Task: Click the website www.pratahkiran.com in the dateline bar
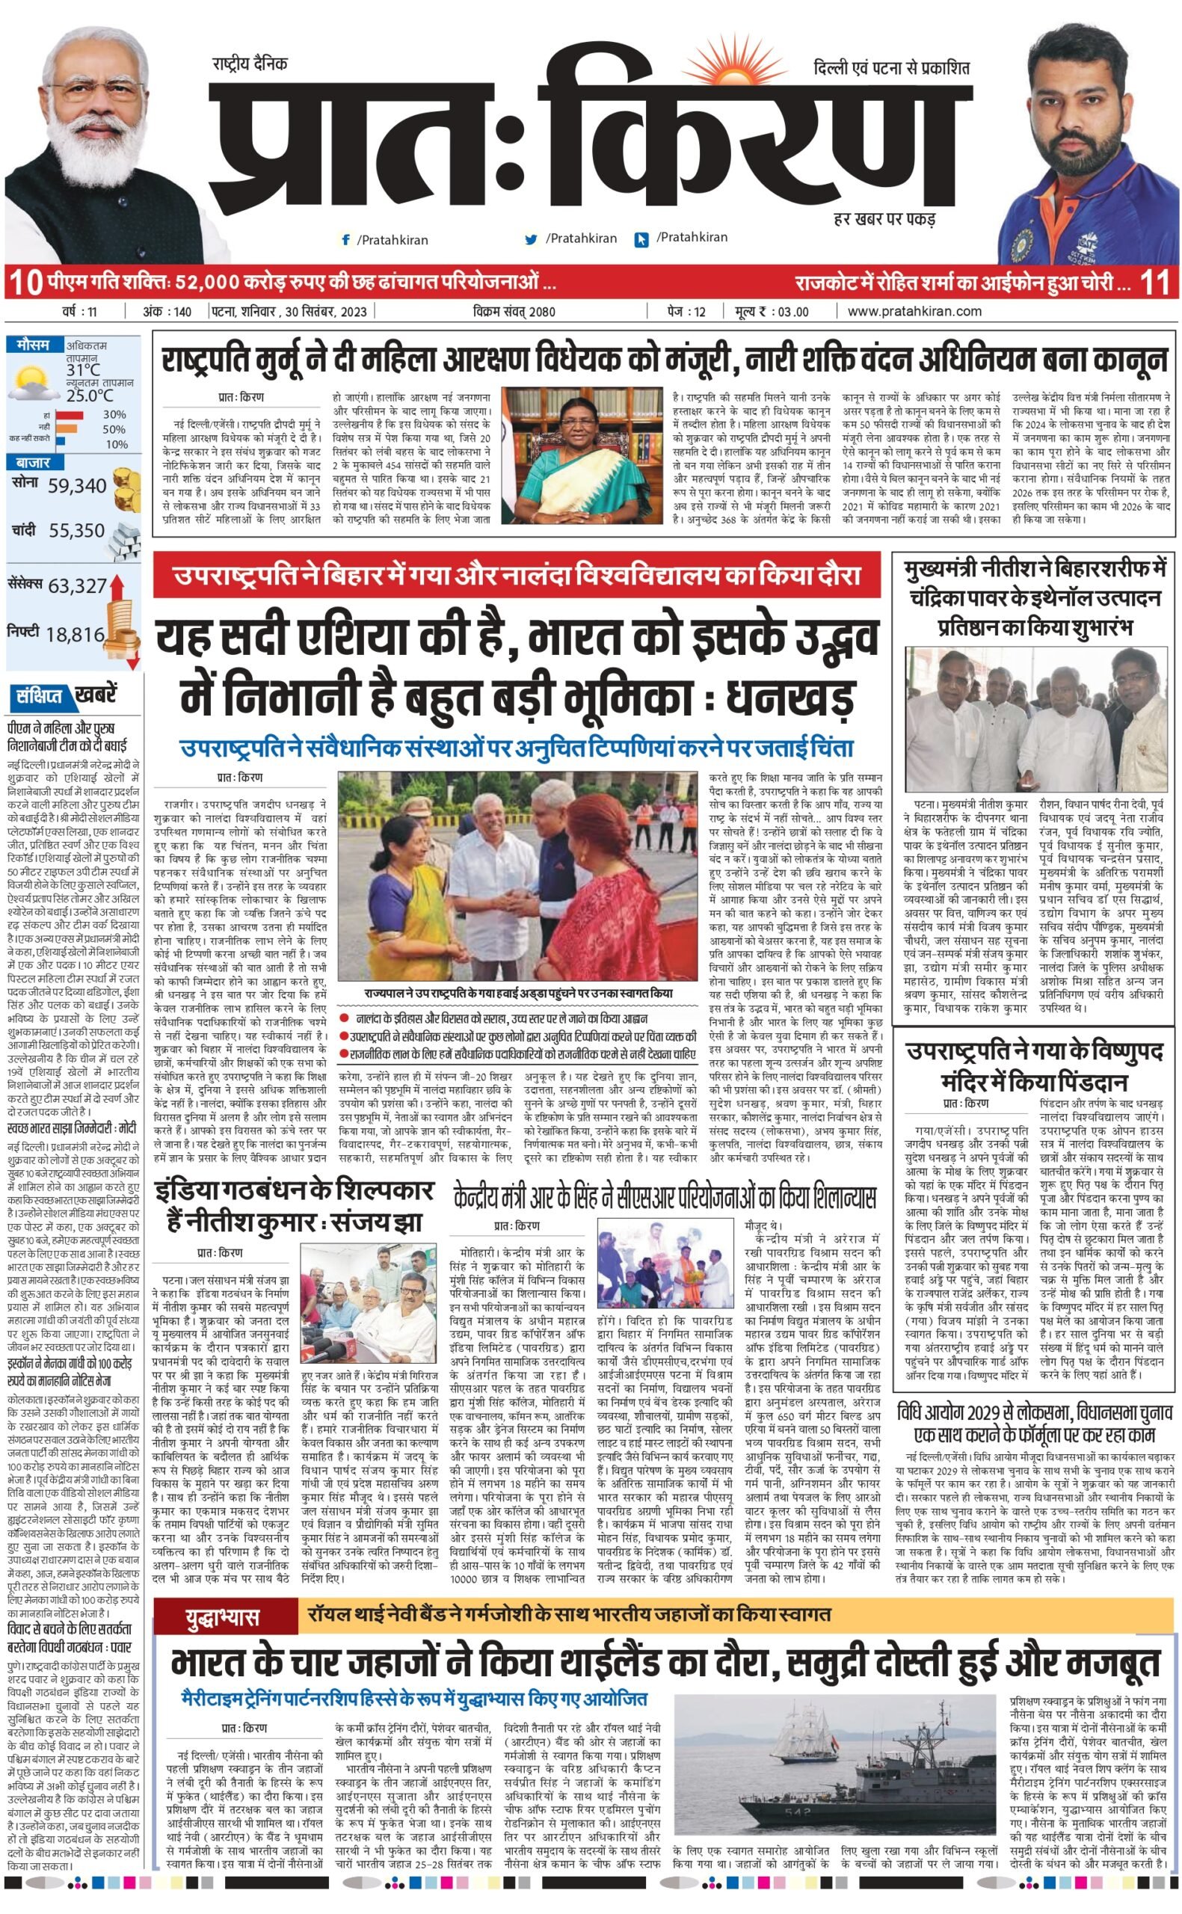pos(914,311)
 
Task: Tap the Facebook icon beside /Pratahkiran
pos(345,240)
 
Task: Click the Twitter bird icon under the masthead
pos(532,239)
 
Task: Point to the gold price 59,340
pos(76,486)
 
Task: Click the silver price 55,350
pos(76,531)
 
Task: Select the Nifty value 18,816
pos(75,635)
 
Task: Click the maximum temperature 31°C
pos(83,369)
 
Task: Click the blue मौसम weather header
pos(34,345)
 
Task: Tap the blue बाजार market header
pos(32,463)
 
